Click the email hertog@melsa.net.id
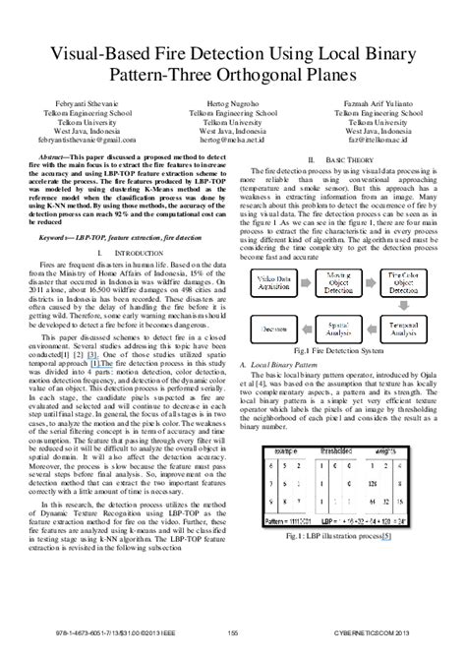tap(233, 141)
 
